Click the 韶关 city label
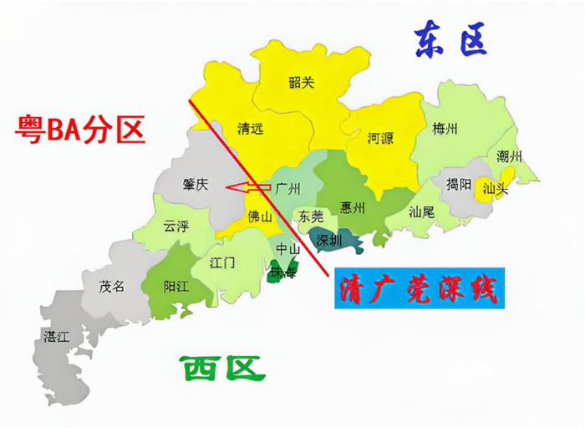301,82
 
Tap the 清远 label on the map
251,130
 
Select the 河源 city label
380,140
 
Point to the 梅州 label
445,129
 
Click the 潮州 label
509,155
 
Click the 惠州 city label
354,206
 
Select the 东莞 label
311,215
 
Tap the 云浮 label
177,225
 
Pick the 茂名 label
112,286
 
